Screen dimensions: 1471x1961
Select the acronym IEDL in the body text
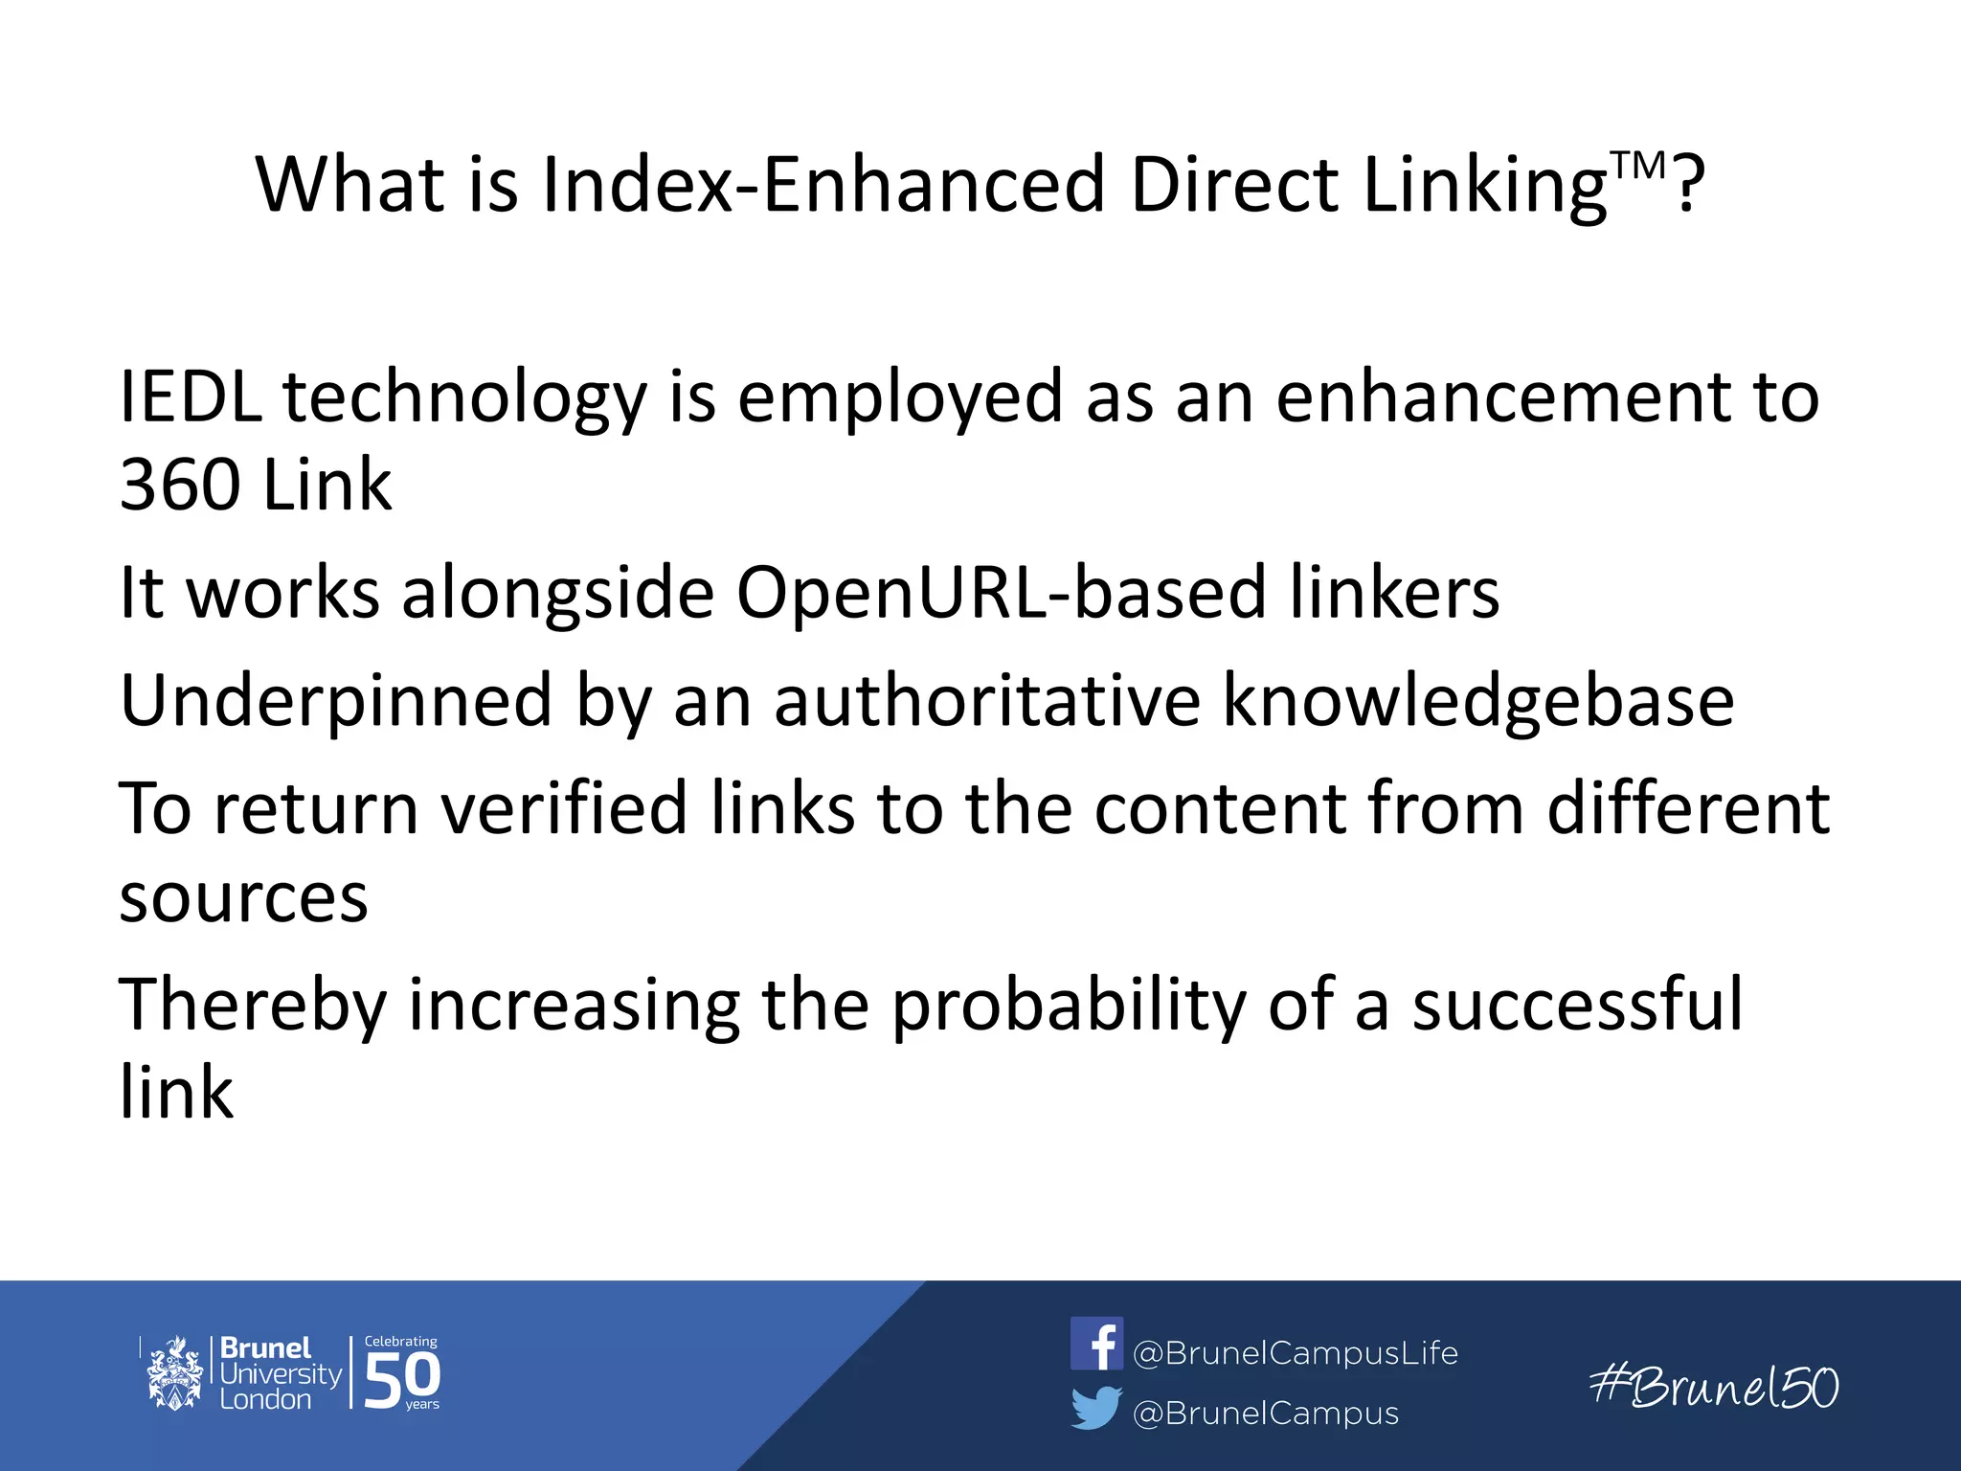click(190, 396)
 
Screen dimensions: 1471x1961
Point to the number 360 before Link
click(180, 485)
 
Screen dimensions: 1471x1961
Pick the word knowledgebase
click(1477, 701)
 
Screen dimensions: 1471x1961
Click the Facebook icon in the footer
click(1095, 1343)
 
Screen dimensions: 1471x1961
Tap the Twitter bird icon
click(1095, 1408)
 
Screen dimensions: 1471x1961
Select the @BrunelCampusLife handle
click(1295, 1352)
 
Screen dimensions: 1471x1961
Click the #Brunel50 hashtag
click(1714, 1387)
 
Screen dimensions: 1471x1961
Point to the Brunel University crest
click(174, 1373)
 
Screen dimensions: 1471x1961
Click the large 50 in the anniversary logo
click(402, 1379)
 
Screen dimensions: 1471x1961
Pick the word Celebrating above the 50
click(400, 1342)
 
